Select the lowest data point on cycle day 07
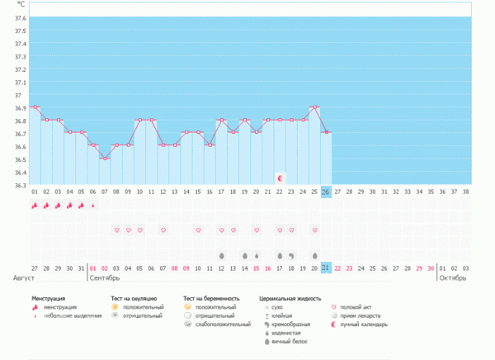[x=105, y=158]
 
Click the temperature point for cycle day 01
[x=35, y=107]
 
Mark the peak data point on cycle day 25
[x=315, y=107]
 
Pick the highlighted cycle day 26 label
[x=327, y=192]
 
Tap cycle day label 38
[x=467, y=192]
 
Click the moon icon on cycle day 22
[x=280, y=178]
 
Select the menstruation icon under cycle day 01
[x=35, y=205]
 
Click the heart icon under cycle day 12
[x=163, y=230]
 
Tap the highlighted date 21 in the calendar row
[x=327, y=268]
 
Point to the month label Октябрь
[x=452, y=278]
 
